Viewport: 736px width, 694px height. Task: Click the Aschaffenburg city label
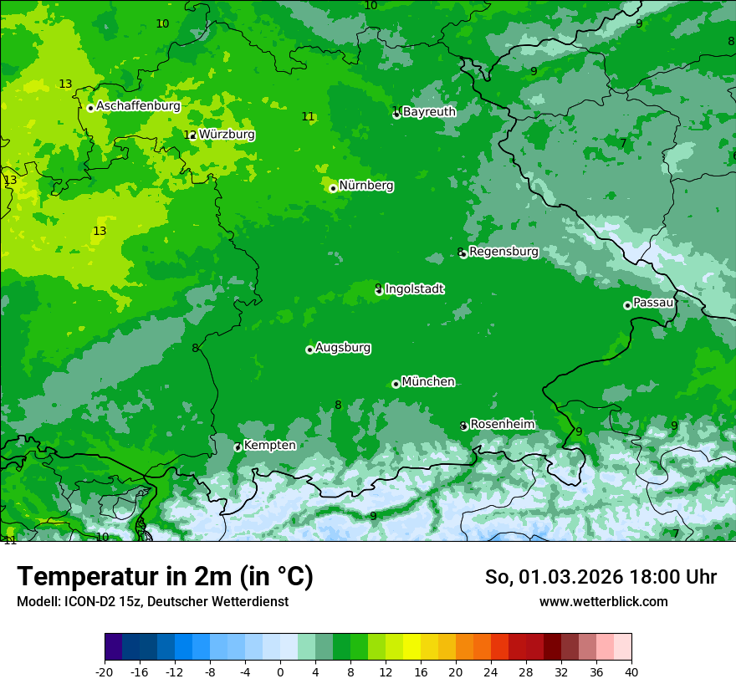pos(138,106)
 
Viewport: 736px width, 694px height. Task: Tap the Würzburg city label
pos(227,135)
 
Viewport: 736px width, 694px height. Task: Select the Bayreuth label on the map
pos(429,112)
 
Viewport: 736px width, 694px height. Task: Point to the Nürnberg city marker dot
pos(333,188)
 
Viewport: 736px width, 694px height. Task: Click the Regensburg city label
pos(503,252)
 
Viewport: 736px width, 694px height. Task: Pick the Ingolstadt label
pos(414,289)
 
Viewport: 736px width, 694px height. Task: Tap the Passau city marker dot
pos(627,305)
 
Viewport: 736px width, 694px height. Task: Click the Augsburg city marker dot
pos(309,350)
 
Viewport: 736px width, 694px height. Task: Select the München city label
pos(428,382)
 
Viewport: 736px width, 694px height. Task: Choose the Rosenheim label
pos(502,425)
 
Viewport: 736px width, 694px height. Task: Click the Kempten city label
pos(269,446)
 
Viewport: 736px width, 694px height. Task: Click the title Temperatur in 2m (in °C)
pos(165,577)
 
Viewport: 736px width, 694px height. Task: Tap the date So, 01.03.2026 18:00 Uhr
pos(601,577)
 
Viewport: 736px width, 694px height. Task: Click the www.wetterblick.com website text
pos(603,602)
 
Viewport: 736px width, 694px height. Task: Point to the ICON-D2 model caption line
pos(152,602)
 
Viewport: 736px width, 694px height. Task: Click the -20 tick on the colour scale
pos(105,671)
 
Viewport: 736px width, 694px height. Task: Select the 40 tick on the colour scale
pos(631,671)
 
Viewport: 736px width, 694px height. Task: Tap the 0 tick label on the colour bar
pos(280,671)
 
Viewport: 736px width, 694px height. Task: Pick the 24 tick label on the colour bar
pos(491,671)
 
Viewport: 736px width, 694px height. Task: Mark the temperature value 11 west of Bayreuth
pos(308,117)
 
